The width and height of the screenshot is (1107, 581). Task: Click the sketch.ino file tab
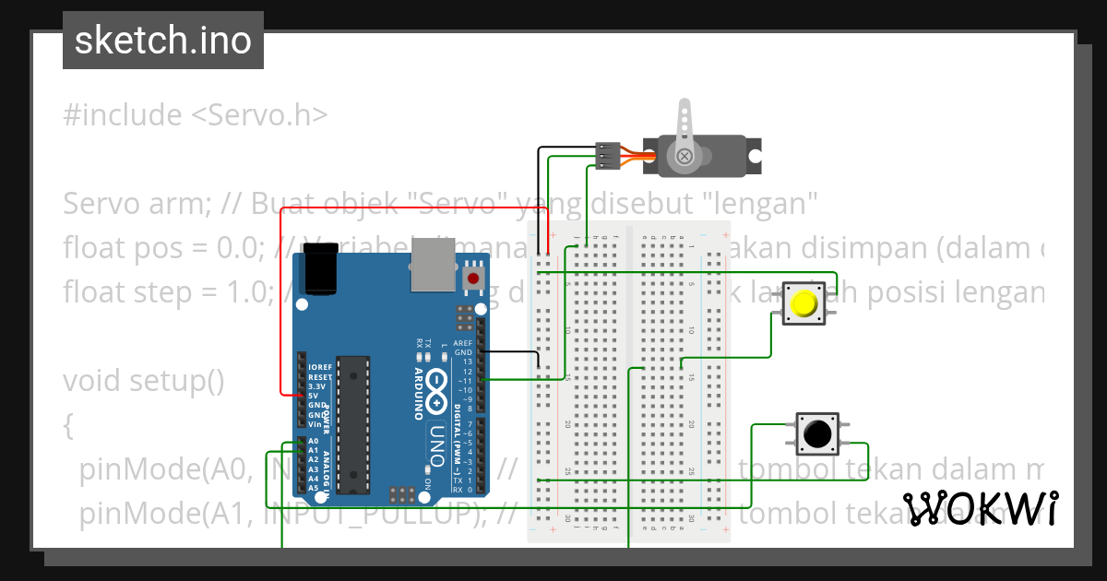coord(162,41)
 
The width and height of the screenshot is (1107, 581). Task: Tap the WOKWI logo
coord(980,508)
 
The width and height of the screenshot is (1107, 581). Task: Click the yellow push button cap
coord(804,303)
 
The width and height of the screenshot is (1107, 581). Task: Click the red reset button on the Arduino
coord(474,278)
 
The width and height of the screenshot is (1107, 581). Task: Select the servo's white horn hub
coord(684,157)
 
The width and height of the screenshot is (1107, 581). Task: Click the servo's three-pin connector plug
coord(607,156)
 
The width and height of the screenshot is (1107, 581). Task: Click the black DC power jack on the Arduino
coord(320,272)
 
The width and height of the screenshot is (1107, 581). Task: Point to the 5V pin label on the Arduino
coord(315,396)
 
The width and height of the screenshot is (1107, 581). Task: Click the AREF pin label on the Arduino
coord(463,343)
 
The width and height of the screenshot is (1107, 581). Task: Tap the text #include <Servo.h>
coord(196,115)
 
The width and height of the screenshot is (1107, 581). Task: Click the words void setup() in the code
coord(143,380)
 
